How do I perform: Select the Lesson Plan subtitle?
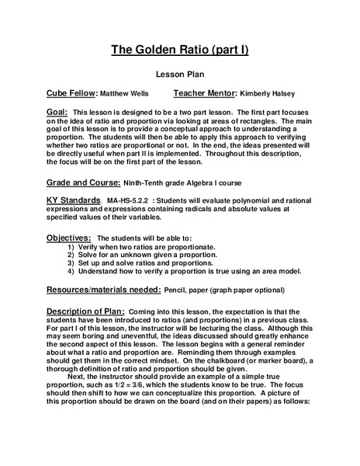pyautogui.click(x=179, y=77)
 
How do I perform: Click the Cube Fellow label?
pyautogui.click(x=72, y=93)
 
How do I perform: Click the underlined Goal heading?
pyautogui.click(x=59, y=112)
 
